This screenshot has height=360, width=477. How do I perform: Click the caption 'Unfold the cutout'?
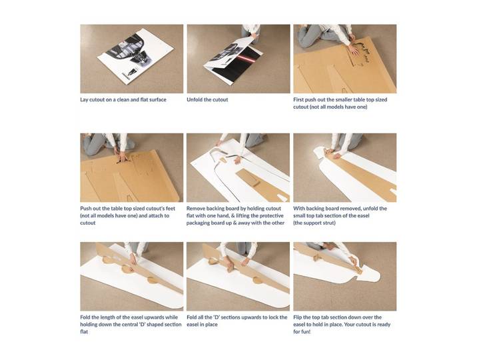click(207, 99)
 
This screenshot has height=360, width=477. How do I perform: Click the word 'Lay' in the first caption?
click(84, 100)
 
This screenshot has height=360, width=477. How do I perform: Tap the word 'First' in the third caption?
click(299, 99)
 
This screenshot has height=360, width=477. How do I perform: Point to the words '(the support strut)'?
click(314, 223)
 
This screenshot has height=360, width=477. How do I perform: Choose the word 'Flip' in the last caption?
click(298, 317)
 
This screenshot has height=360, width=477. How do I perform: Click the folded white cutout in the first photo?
click(135, 57)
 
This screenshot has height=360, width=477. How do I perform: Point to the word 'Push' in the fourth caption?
click(86, 209)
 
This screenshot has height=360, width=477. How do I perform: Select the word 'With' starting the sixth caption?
click(299, 209)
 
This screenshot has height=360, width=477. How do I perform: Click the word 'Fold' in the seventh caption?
click(85, 317)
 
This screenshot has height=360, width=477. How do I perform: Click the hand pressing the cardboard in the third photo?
click(354, 49)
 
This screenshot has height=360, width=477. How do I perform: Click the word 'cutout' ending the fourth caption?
click(88, 223)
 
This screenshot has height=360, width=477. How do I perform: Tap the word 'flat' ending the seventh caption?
click(84, 332)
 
